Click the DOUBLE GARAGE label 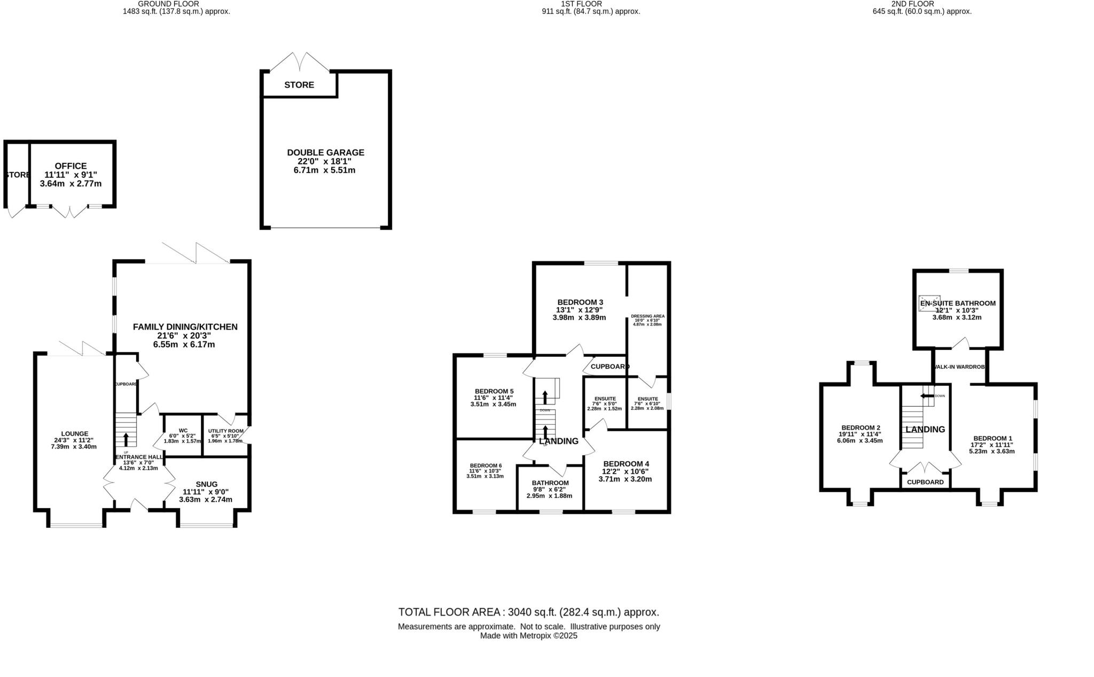pos(325,152)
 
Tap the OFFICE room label pos(71,166)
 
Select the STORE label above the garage pos(299,85)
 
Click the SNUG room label pos(206,484)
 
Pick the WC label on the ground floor pos(183,431)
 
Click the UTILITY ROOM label pos(225,431)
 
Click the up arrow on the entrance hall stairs pos(126,439)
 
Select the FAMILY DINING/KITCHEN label pos(185,326)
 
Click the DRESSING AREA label pos(647,316)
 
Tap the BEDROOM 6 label pos(486,465)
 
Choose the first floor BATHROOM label pos(550,483)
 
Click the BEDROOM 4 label pos(626,463)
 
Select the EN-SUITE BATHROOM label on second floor pos(957,303)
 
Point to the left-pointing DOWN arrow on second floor pos(926,396)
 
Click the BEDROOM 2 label pos(860,427)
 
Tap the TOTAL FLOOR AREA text pos(528,612)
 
